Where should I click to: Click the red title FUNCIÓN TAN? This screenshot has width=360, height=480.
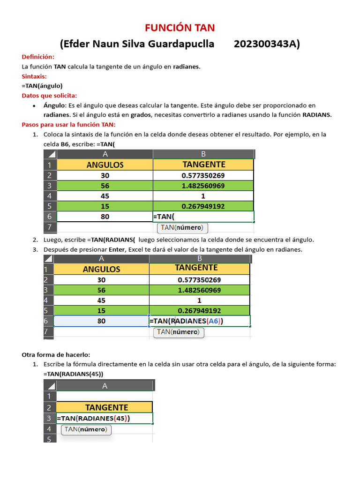[x=180, y=28]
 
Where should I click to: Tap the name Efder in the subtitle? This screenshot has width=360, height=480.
[x=75, y=44]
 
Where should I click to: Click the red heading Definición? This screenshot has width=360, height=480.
[x=38, y=57]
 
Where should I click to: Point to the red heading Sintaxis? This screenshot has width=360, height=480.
[x=34, y=76]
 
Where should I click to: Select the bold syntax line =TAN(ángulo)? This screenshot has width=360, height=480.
[x=42, y=86]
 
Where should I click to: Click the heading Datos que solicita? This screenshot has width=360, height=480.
[x=49, y=96]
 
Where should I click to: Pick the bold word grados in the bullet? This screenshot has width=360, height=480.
[x=140, y=115]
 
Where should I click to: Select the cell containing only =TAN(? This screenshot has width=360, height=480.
[x=203, y=217]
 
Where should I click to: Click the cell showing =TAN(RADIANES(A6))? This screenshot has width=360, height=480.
[x=199, y=321]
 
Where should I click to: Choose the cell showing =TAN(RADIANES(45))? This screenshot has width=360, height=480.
[x=104, y=418]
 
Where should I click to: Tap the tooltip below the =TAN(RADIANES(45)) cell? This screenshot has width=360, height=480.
[x=86, y=429]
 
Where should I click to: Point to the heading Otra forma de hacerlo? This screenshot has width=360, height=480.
[x=56, y=354]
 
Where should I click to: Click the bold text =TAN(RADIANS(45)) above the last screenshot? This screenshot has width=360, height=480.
[x=73, y=374]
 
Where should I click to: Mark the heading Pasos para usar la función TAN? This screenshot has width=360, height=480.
[x=68, y=125]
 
